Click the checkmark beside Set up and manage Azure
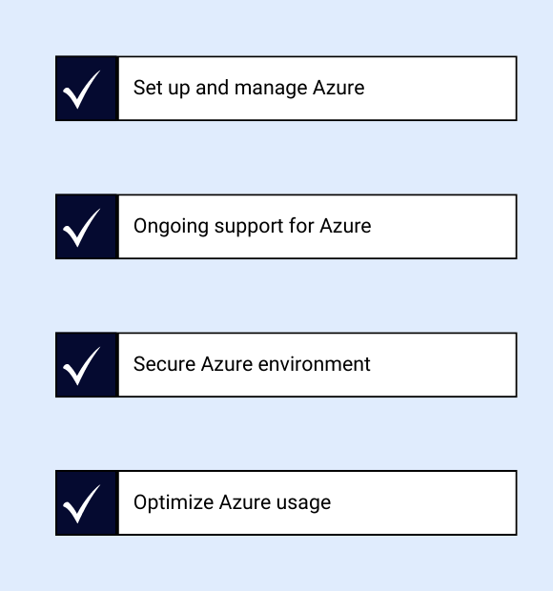point(81,90)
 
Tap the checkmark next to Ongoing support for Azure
point(81,228)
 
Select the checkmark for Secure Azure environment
point(81,366)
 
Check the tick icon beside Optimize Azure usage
point(81,503)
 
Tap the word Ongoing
point(171,227)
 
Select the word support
point(249,227)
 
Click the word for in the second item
point(301,225)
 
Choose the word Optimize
point(174,503)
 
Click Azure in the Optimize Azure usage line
point(245,502)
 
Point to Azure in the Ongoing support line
point(345,225)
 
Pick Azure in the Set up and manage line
point(338,88)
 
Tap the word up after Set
point(178,89)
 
